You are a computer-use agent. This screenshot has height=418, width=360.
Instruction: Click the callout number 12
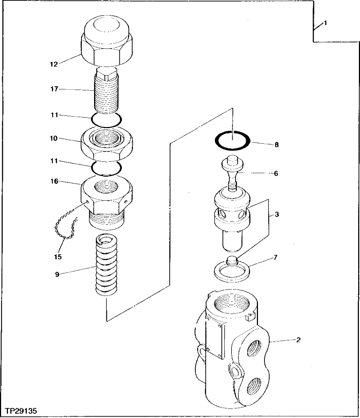tap(54, 64)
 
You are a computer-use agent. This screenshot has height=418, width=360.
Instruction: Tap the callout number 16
tap(54, 182)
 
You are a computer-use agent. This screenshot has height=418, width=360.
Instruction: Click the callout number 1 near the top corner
tap(325, 23)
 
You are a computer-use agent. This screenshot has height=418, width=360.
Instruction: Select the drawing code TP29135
tap(21, 411)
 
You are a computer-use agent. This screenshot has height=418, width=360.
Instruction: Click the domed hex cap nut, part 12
tap(107, 43)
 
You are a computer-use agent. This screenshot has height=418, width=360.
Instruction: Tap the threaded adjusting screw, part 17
tap(106, 94)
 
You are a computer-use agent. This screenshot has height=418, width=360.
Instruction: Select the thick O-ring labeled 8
tap(232, 142)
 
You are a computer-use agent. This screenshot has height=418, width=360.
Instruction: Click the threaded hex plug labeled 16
tap(107, 203)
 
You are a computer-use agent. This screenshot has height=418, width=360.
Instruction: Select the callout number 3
tap(276, 215)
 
